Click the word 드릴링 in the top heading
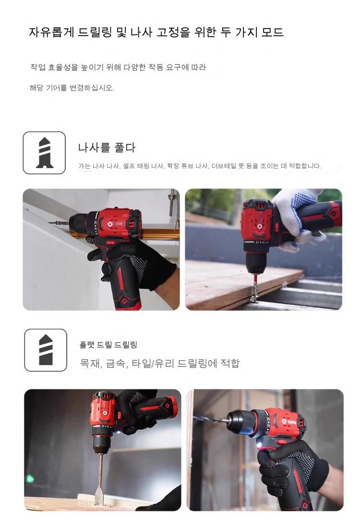point(94,32)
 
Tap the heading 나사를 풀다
point(107,147)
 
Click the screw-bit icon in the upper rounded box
point(45,153)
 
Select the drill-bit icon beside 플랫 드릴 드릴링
point(46,350)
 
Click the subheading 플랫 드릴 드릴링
point(108,345)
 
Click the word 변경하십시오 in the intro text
point(92,88)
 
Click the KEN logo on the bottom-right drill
point(289,422)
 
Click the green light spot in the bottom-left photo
point(30,479)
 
